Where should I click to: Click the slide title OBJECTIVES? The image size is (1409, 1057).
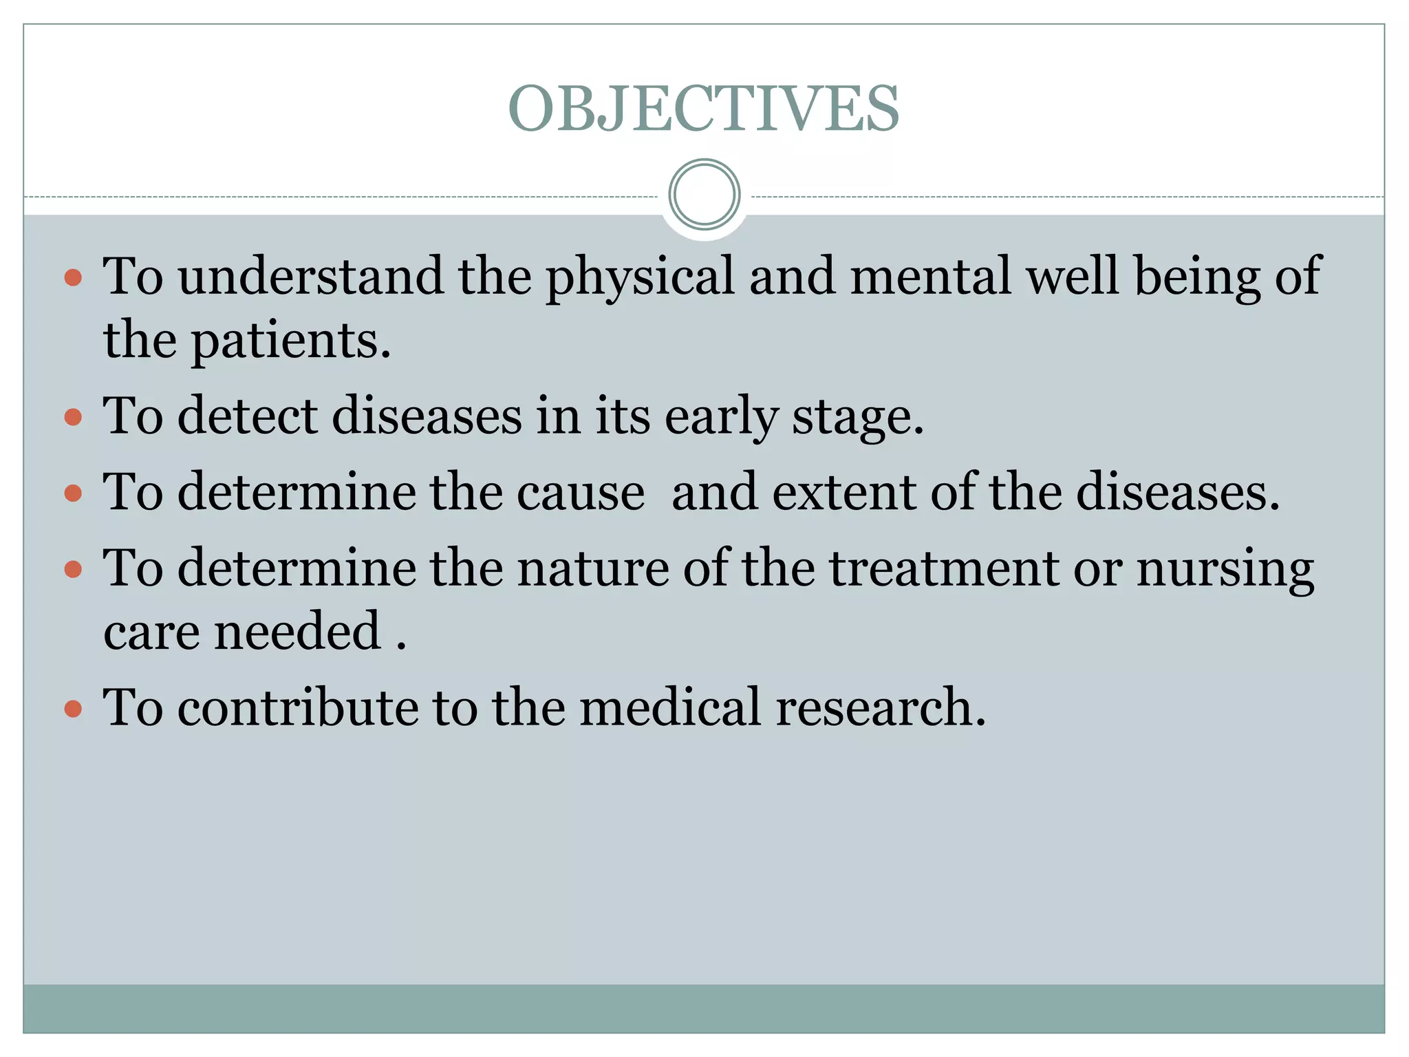704,109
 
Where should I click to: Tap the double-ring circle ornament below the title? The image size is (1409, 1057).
704,194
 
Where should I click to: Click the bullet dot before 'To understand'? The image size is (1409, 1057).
73,278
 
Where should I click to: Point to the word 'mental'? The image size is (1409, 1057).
931,276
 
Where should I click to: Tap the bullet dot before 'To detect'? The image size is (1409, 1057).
73,418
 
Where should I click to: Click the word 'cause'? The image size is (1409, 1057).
580,493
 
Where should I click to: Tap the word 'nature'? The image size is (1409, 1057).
593,569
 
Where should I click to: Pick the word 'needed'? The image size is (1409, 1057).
298,631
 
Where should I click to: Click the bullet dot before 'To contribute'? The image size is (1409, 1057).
73,709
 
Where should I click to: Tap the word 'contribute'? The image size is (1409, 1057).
298,707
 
